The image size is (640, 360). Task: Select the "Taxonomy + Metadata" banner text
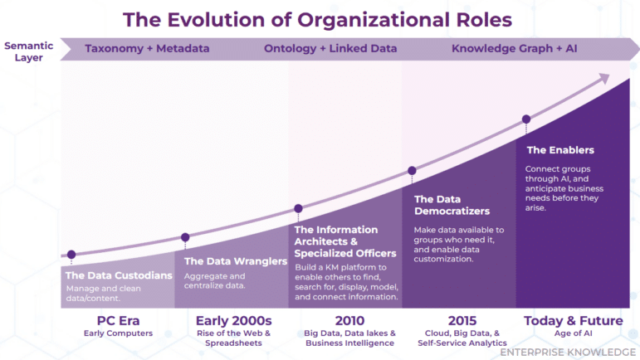tap(147, 49)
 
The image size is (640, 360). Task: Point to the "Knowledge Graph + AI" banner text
tap(513, 49)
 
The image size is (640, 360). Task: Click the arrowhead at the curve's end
tap(604, 79)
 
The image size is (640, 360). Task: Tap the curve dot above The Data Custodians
tap(71, 255)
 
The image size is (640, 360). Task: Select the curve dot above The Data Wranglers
tap(185, 237)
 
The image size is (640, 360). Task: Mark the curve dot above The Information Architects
tap(298, 209)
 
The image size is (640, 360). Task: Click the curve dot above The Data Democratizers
tap(412, 171)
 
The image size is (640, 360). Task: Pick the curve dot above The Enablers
tap(525, 119)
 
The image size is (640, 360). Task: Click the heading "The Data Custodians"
tap(119, 275)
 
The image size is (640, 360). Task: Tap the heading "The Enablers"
tap(560, 150)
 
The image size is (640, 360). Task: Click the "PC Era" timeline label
tap(118, 320)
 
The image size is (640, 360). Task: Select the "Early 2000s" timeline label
tap(233, 320)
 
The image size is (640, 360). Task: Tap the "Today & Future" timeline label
tap(574, 320)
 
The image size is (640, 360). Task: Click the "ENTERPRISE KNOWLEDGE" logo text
tap(568, 352)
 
